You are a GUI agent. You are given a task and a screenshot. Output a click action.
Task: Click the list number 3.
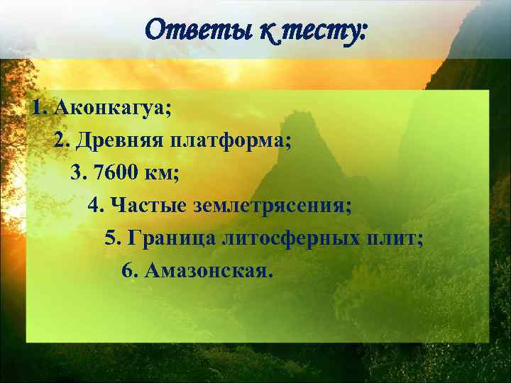point(77,173)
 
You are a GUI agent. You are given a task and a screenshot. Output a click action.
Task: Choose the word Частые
point(145,206)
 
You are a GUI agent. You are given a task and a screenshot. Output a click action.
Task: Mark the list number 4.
point(94,206)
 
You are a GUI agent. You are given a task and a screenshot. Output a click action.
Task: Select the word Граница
point(171,238)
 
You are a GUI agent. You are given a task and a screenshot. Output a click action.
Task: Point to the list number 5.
point(111,238)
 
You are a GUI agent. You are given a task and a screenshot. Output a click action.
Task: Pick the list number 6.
point(128,271)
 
